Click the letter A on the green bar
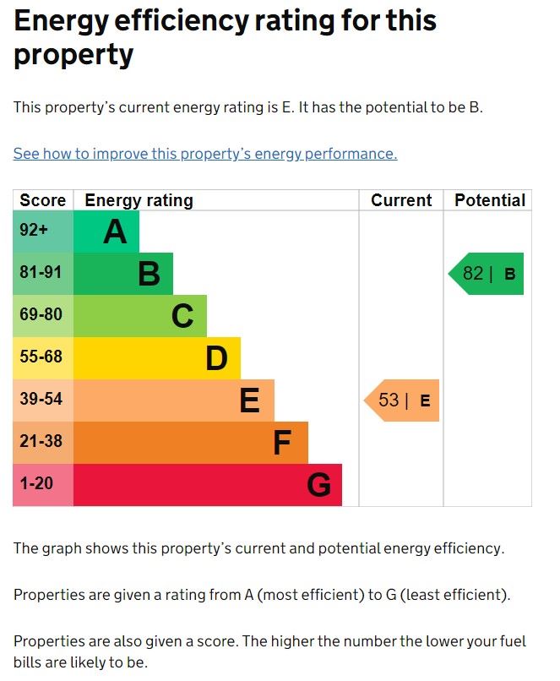tap(115, 232)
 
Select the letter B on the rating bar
tap(149, 274)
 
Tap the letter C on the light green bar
tap(182, 316)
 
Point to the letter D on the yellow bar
tap(217, 358)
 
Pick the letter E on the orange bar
tap(249, 400)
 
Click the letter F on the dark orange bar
tap(282, 443)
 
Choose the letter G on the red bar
tap(318, 485)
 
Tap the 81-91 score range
tap(41, 273)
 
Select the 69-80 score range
tap(41, 315)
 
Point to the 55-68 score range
tap(41, 357)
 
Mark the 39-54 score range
tap(41, 400)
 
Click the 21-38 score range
tap(41, 442)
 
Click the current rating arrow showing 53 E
tap(403, 400)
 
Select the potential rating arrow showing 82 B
tap(487, 274)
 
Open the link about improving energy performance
tap(205, 154)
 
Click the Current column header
tap(401, 200)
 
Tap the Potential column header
tap(490, 200)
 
